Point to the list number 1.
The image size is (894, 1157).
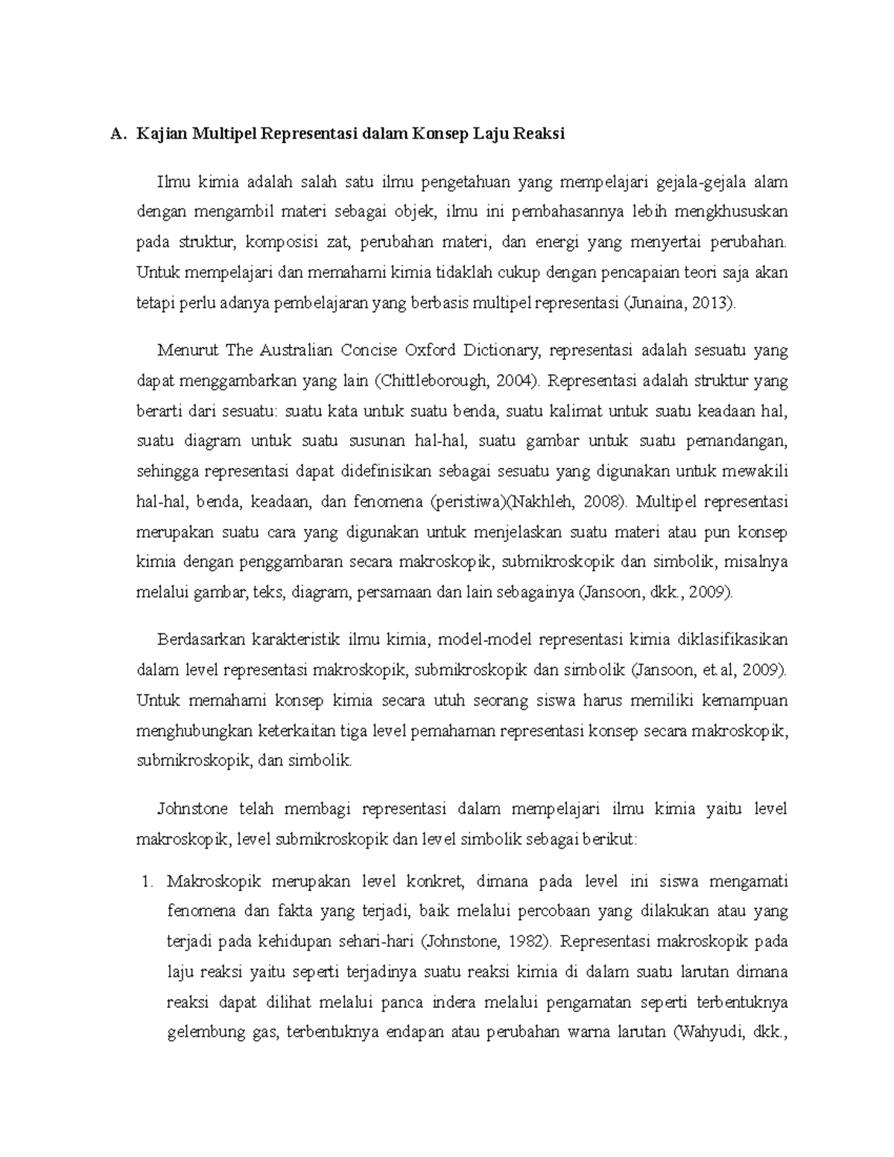point(146,882)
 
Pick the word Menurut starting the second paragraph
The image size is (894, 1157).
point(181,350)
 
